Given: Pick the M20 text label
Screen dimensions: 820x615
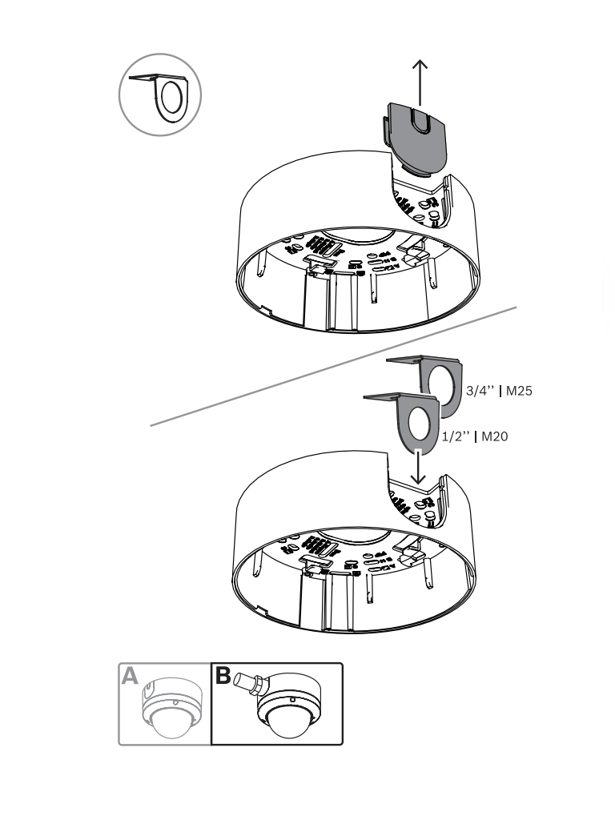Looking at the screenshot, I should click(494, 436).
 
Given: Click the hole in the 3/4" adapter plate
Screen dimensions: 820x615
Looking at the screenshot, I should click(444, 383).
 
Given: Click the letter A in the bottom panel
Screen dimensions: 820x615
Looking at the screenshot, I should click(130, 677).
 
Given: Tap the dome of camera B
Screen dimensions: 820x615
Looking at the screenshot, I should click(287, 724).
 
